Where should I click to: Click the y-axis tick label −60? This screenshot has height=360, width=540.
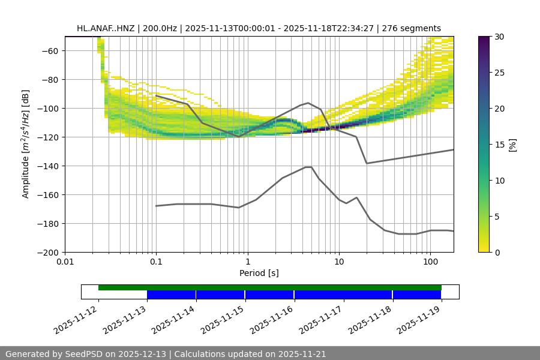pyautogui.click(x=49, y=50)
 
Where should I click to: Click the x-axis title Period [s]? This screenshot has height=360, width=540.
pyautogui.click(x=259, y=273)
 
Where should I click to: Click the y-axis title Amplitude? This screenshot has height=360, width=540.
pyautogui.click(x=26, y=144)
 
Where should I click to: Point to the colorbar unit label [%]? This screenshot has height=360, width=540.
pyautogui.click(x=512, y=145)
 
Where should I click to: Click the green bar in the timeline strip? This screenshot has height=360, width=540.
pyautogui.click(x=270, y=287)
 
